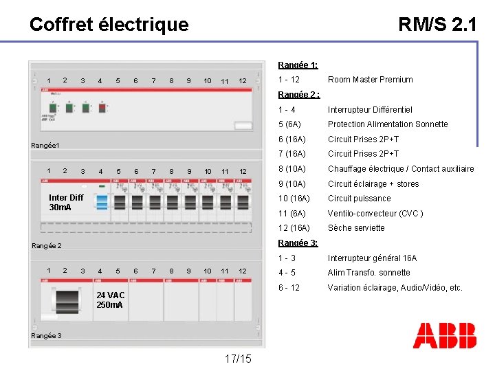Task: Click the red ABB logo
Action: [x=444, y=335]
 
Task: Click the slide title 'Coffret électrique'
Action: [x=109, y=25]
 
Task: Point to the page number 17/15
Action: [x=238, y=359]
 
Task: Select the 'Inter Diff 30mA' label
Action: [x=66, y=202]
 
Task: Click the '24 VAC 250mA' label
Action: [x=111, y=300]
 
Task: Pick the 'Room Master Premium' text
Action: [x=370, y=80]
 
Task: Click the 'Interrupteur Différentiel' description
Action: [x=370, y=110]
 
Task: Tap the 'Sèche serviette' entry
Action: [x=356, y=228]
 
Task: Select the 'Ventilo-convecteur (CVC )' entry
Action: [x=375, y=214]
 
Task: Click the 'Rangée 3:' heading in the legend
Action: [x=298, y=243]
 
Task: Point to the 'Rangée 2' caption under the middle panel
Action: [x=47, y=246]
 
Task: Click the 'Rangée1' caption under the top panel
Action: [x=46, y=146]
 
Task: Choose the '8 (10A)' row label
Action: [x=294, y=169]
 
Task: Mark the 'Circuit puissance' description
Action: [x=359, y=199]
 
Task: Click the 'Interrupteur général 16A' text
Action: [x=372, y=258]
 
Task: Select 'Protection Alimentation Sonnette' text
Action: [x=388, y=124]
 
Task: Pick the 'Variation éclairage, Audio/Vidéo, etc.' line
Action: [x=395, y=288]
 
